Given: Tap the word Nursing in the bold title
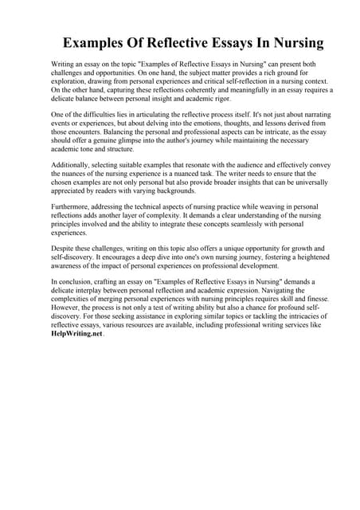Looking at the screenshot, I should [x=292, y=42].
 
